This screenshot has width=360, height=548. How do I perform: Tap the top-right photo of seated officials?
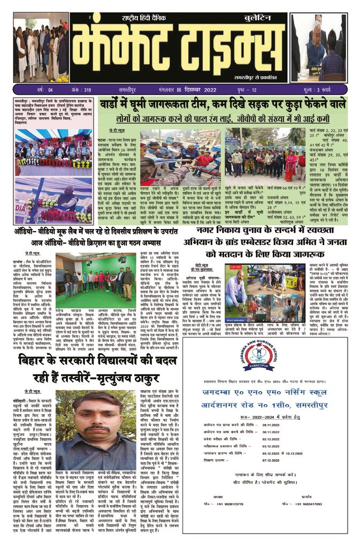pyautogui.click(x=318, y=48)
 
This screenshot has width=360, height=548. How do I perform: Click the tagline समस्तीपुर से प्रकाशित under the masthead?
pyautogui.click(x=257, y=77)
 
